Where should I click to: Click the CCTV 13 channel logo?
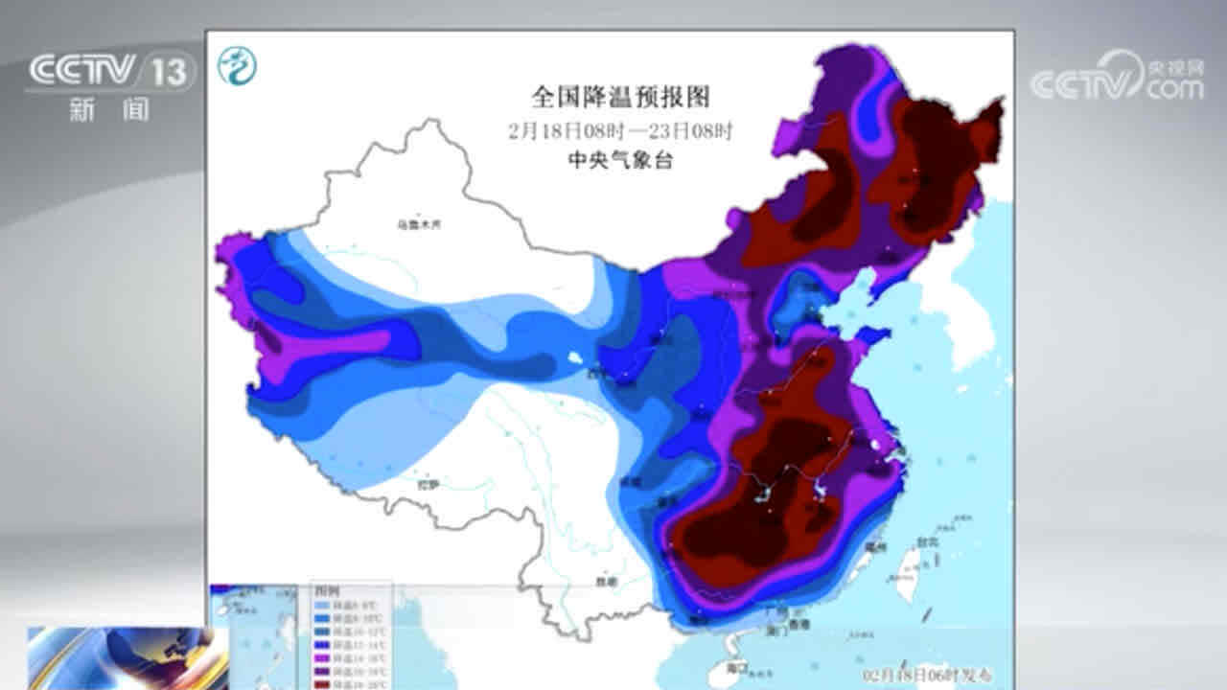111,71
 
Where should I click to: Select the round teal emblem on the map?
236,65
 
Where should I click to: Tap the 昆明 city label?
603,582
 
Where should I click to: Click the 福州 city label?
874,546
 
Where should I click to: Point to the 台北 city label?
926,542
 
